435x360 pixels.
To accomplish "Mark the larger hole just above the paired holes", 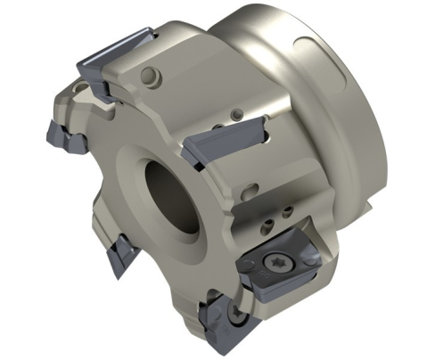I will coord(253,189).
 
